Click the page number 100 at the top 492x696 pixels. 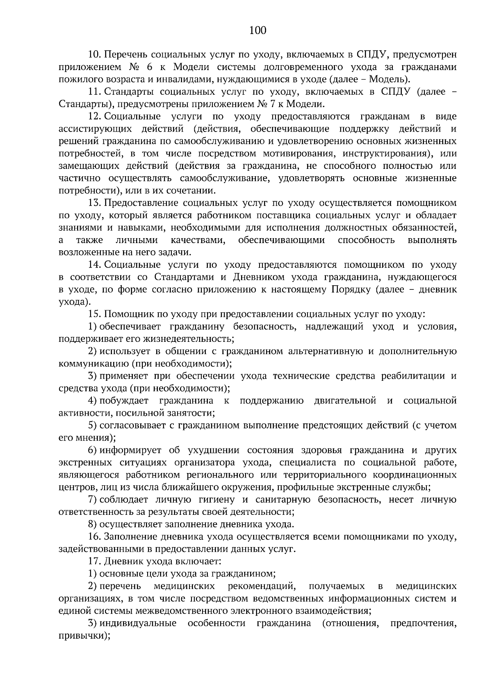point(258,30)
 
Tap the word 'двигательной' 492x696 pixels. point(345,400)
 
